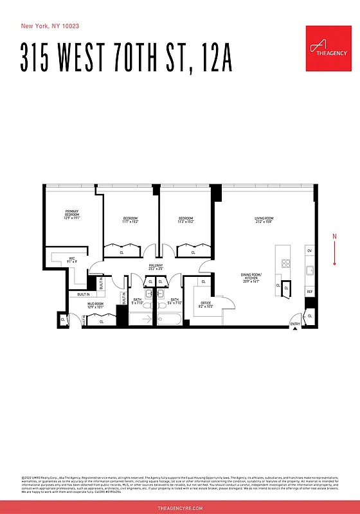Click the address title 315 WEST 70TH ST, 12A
126,58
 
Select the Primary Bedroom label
71,214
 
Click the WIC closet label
73,260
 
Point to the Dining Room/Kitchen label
250,278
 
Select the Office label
206,305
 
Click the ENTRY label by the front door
295,324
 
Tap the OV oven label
309,249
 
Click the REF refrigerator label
309,292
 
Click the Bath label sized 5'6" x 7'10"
175,301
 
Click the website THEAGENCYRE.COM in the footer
180,508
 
